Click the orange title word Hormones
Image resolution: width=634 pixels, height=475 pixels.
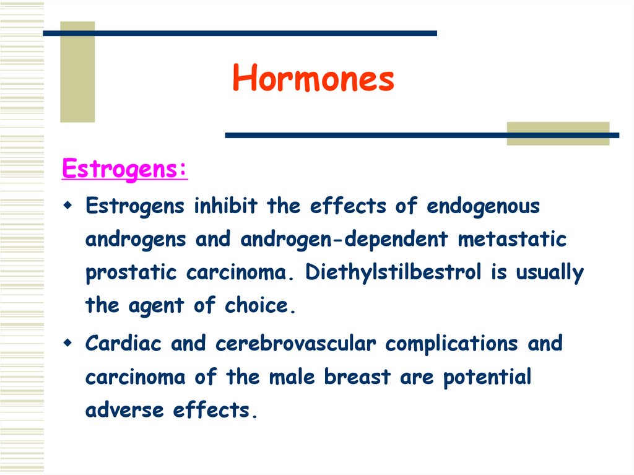tap(313, 80)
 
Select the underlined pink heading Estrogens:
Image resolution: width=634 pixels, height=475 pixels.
tap(124, 169)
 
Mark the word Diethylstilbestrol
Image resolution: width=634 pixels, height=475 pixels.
tap(393, 272)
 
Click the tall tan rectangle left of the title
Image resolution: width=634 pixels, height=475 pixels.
tap(77, 72)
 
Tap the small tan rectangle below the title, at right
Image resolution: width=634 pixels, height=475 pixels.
tap(557, 133)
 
